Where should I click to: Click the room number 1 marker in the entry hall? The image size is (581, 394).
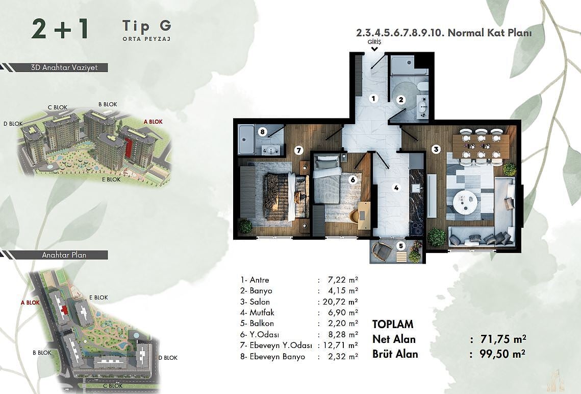coord(373,99)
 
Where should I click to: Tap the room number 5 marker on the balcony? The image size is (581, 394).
coord(400,245)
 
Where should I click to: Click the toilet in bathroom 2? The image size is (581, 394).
coord(422,86)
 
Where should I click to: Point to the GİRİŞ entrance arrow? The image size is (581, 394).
coord(374,49)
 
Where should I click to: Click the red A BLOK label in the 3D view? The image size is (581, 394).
coord(153,122)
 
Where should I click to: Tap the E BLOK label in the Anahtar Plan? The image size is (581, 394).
coord(98,297)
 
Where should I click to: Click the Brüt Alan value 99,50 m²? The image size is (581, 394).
coord(502,354)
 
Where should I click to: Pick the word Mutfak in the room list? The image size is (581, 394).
coord(262,313)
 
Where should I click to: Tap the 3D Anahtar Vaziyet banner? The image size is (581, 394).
coord(64,67)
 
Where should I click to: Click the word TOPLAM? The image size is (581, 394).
coord(393,324)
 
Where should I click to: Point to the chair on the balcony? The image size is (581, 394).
coord(381,251)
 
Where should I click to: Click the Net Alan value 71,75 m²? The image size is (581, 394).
coord(503,339)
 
